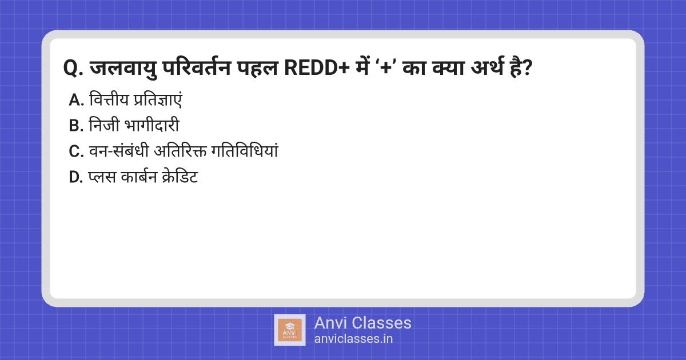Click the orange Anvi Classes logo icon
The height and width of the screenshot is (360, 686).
(290, 330)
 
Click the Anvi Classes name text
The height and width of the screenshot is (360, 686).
(362, 323)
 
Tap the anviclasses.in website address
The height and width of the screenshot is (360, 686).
(353, 338)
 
